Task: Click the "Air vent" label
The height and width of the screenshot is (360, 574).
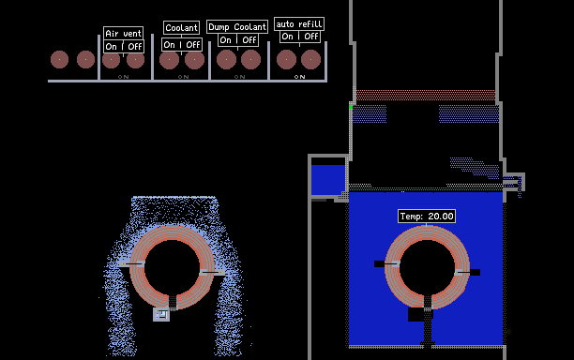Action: [x=124, y=34]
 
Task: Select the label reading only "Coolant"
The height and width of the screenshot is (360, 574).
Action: [x=182, y=27]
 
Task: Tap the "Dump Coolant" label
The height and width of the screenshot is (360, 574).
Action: [x=237, y=26]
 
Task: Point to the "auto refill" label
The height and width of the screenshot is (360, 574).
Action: [x=299, y=24]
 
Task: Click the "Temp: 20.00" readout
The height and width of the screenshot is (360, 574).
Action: [x=427, y=217]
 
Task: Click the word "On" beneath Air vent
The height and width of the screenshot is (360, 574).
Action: [x=111, y=47]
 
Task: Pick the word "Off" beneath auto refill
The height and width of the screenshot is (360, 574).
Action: [x=311, y=37]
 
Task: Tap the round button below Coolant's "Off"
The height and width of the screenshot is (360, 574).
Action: [x=194, y=60]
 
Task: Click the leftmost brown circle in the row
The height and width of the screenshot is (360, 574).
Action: [x=59, y=59]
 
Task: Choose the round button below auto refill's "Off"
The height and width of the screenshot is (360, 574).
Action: [x=310, y=60]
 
